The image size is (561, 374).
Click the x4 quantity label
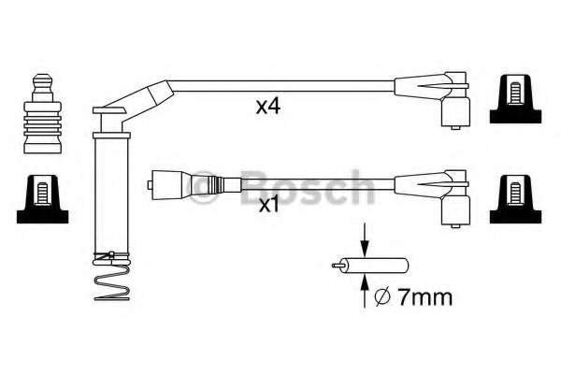(268, 107)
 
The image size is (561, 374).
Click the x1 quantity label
(268, 205)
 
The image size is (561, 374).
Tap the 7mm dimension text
(425, 297)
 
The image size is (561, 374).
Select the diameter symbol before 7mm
(381, 297)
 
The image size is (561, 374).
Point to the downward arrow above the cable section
(365, 239)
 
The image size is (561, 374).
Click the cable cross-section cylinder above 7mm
(370, 266)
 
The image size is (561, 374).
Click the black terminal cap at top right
(515, 99)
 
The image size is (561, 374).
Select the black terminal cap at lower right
(515, 199)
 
